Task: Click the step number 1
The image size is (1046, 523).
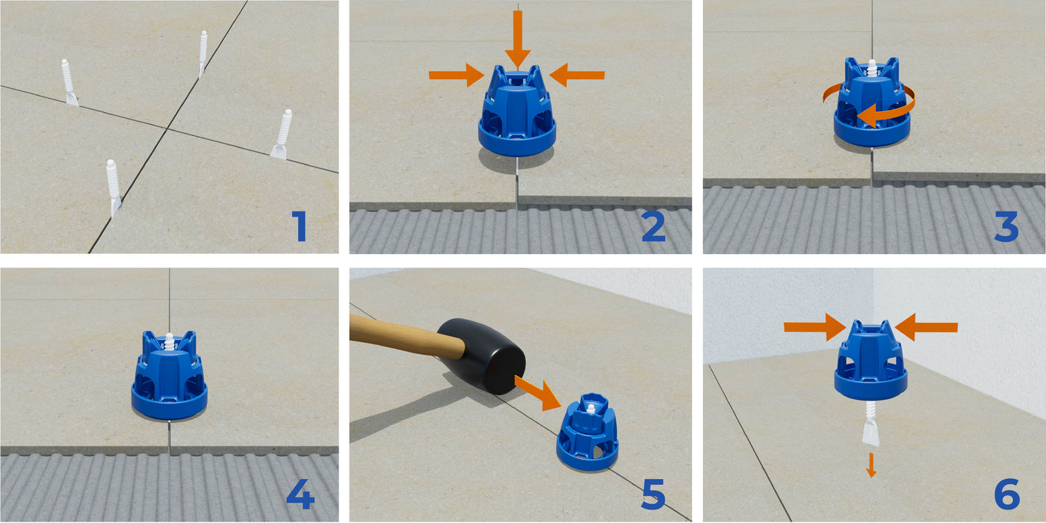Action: click(x=300, y=226)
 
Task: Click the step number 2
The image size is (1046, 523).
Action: click(x=653, y=226)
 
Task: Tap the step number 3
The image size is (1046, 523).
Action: click(x=1007, y=226)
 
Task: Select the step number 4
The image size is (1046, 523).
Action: click(x=300, y=493)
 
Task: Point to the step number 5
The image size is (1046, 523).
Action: click(x=653, y=494)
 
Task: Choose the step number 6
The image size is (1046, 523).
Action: click(x=1007, y=494)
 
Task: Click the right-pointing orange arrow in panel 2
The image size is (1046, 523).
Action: click(x=457, y=75)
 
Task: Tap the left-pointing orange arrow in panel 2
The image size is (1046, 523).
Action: click(x=577, y=75)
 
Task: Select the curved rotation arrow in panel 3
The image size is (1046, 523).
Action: click(x=888, y=115)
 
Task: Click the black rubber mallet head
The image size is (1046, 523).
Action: click(x=482, y=356)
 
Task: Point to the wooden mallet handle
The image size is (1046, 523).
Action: click(x=407, y=333)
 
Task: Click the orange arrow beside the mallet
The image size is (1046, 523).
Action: click(x=538, y=393)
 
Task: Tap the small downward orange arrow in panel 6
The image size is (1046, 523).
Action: click(x=871, y=465)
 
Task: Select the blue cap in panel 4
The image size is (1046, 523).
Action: click(x=169, y=376)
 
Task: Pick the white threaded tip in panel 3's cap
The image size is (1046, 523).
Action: click(x=872, y=68)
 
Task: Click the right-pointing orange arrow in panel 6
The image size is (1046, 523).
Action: click(x=815, y=327)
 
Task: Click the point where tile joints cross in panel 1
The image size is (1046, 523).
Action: click(x=167, y=127)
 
